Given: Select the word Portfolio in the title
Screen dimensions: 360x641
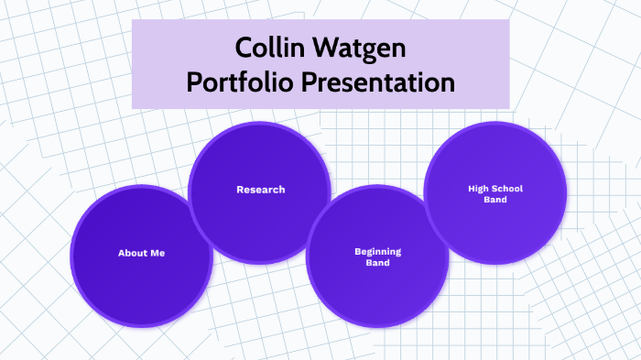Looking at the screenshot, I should [x=240, y=82].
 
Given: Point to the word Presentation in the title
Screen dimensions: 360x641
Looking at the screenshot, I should [x=378, y=82].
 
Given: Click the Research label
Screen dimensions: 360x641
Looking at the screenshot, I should [x=260, y=190].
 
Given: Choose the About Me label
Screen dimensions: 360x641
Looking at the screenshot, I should [x=141, y=252].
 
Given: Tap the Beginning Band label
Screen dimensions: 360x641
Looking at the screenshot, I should [x=377, y=256].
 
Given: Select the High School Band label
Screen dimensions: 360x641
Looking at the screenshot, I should [x=494, y=193].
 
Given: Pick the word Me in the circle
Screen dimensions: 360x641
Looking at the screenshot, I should [x=158, y=252].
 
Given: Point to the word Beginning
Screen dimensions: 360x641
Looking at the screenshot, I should [x=377, y=251].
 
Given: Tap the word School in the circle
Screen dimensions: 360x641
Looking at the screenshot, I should [x=506, y=188].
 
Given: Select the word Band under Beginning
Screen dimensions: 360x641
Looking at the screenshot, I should [x=377, y=263].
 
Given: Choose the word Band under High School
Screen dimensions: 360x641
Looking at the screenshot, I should [x=494, y=200].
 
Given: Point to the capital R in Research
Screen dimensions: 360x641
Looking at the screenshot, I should [x=240, y=190].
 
